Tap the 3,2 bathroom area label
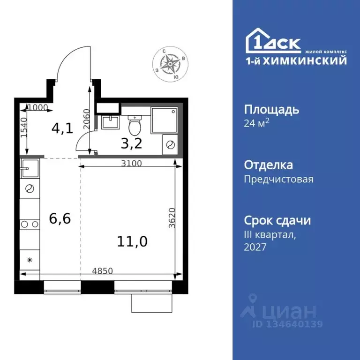pyautogui.click(x=131, y=142)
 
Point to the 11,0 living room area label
pyautogui.click(x=132, y=242)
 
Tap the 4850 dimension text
pyautogui.click(x=102, y=270)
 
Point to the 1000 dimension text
pyautogui.click(x=38, y=107)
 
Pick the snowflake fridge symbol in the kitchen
pyautogui.click(x=29, y=259)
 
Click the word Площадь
pyautogui.click(x=271, y=110)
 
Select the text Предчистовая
pyautogui.click(x=278, y=179)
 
